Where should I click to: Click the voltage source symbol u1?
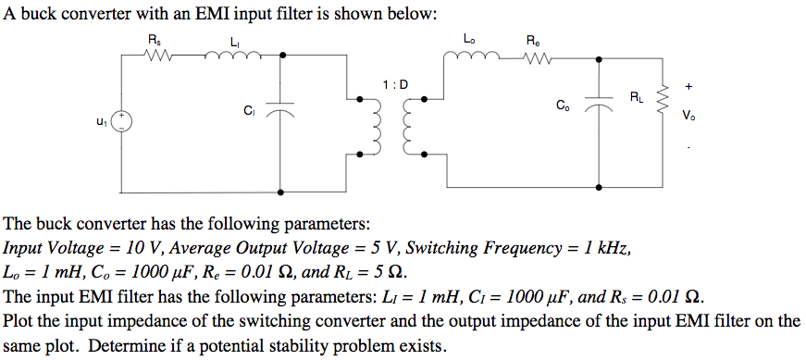[122, 121]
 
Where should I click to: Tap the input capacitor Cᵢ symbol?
[281, 109]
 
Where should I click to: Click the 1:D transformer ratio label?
[394, 86]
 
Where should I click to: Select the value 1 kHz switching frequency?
[609, 249]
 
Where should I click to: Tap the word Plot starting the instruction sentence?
[19, 322]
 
